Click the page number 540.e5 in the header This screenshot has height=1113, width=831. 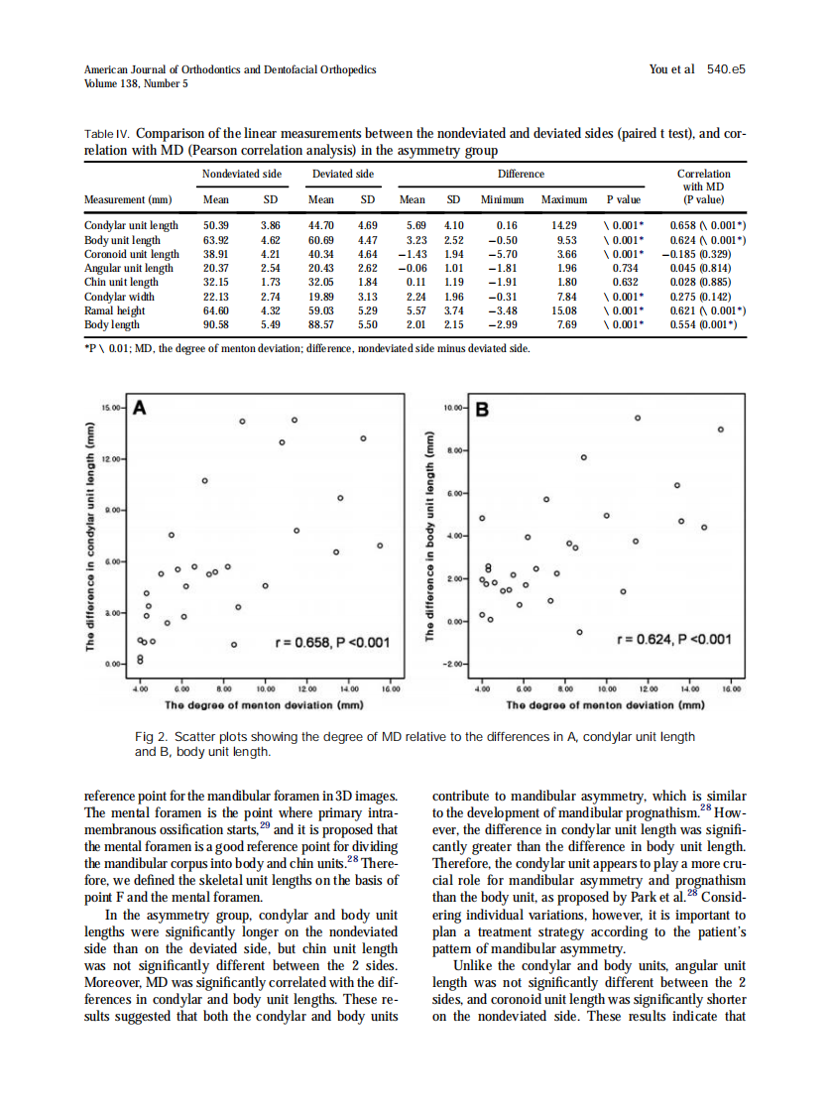(x=726, y=69)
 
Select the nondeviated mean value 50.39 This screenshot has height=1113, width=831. (x=215, y=226)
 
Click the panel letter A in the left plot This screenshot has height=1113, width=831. (x=141, y=408)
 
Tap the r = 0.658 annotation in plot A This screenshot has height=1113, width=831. (x=334, y=643)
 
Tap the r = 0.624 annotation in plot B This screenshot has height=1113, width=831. (x=674, y=639)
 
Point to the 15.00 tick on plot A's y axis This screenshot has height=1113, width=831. (x=113, y=408)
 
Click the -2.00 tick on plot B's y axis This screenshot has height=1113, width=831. (x=453, y=664)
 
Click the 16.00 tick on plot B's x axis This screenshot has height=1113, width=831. (x=731, y=688)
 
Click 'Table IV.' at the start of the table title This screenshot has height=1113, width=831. (x=105, y=133)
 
